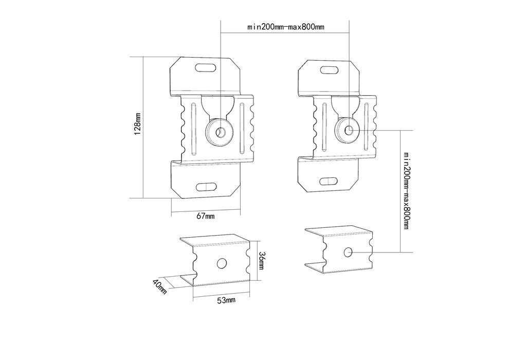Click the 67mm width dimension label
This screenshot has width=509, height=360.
coord(206,217)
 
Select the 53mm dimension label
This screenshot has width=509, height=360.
coord(226,299)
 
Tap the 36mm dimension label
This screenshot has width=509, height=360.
coord(262,262)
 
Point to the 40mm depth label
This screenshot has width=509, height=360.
coord(160,286)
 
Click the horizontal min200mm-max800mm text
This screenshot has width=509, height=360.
coord(285,27)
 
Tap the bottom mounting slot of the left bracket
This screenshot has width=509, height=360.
coord(206,186)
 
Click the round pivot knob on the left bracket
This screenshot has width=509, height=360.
coord(220,133)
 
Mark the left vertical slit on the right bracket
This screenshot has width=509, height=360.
coord(324,126)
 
